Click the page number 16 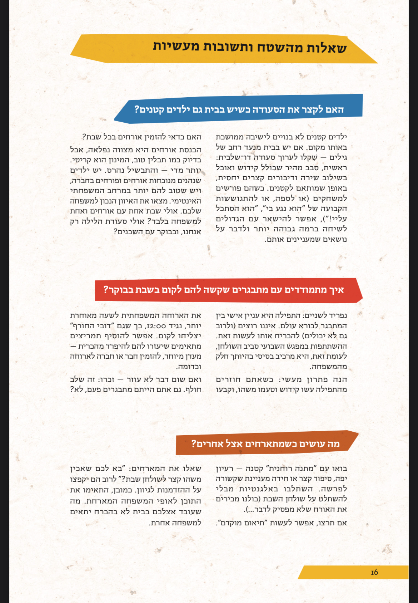[x=374, y=572]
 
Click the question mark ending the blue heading [x=136, y=109]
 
